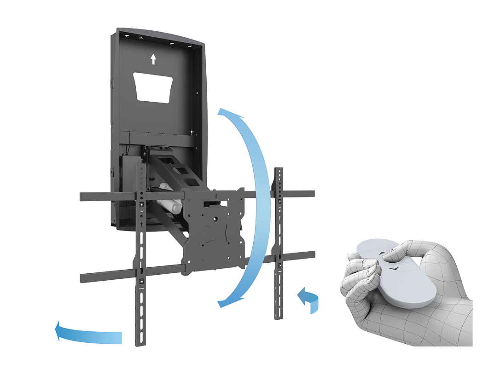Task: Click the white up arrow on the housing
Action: click(153, 59)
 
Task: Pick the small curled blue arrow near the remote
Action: click(308, 299)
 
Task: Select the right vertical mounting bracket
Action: click(279, 244)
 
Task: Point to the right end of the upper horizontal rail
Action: click(311, 194)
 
